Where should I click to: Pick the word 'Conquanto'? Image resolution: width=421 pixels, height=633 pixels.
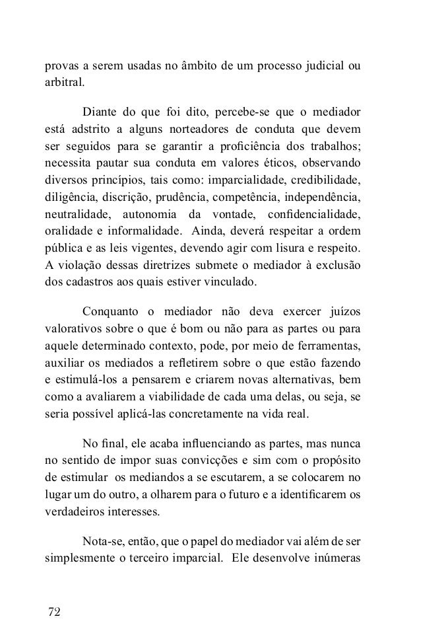point(109,311)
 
